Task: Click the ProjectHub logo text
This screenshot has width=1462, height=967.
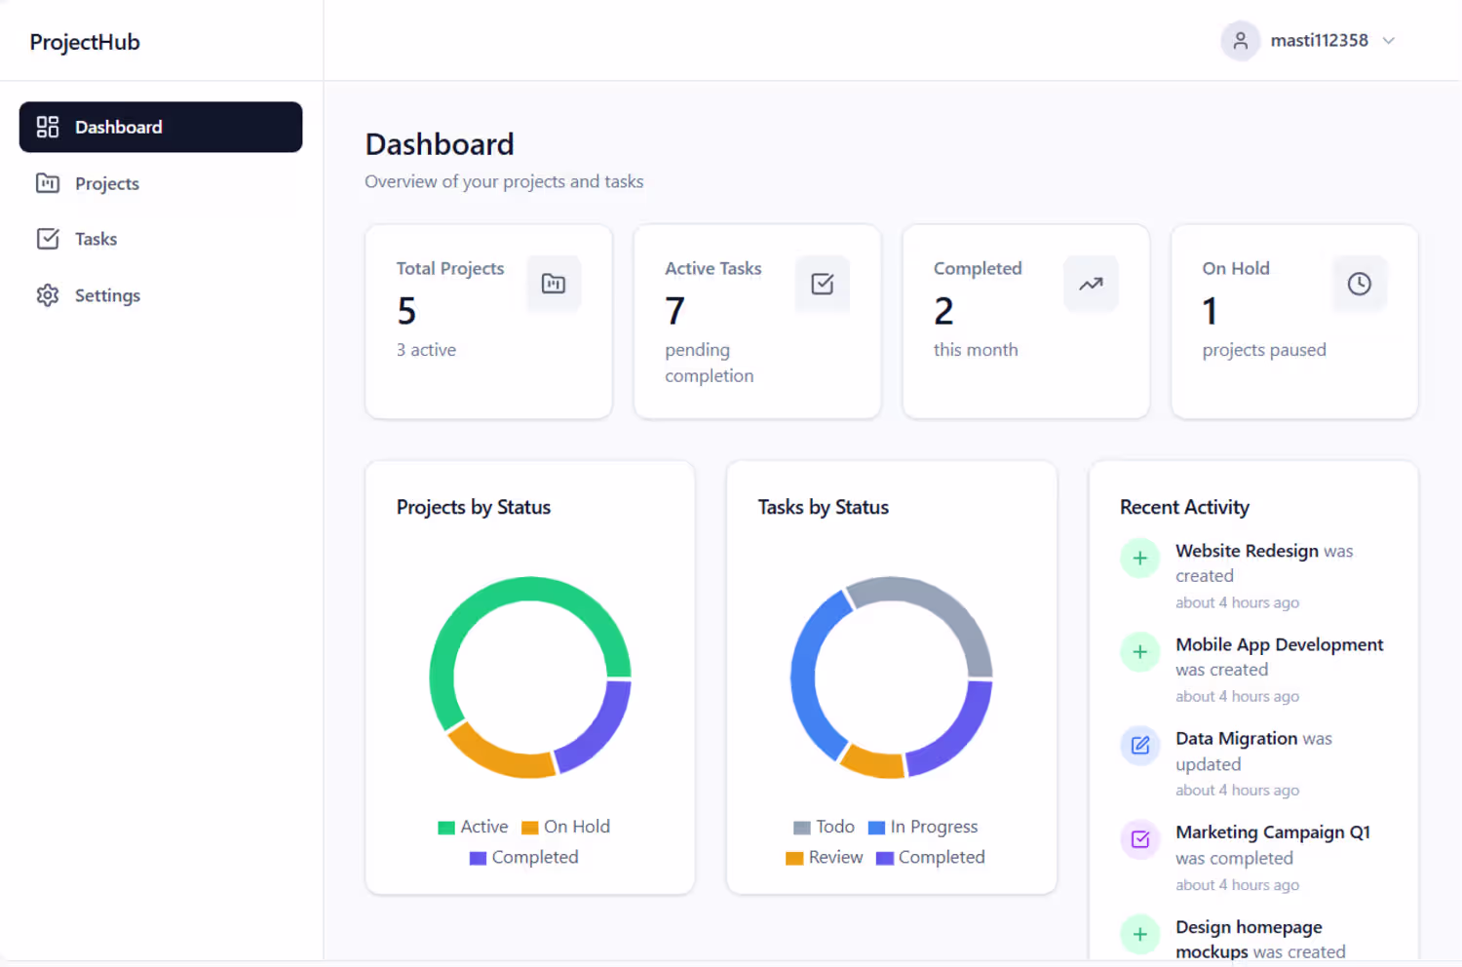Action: click(x=84, y=42)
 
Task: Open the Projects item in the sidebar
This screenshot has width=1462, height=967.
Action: click(x=88, y=183)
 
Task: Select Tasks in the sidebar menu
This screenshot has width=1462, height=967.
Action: click(x=77, y=239)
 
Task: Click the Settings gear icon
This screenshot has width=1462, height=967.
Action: click(x=48, y=295)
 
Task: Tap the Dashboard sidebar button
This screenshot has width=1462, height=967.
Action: click(x=161, y=127)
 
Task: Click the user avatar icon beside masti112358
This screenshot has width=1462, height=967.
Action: click(x=1240, y=41)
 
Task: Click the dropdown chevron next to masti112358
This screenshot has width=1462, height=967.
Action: click(x=1388, y=41)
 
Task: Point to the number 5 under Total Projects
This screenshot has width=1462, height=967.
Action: click(x=406, y=310)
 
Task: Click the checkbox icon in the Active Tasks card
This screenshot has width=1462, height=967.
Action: click(x=822, y=284)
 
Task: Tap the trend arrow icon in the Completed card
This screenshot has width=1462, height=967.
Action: click(x=1091, y=284)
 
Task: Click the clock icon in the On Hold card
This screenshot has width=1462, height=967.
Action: click(x=1359, y=284)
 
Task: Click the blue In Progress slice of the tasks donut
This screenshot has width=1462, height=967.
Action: click(x=806, y=679)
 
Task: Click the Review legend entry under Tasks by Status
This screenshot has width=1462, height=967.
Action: click(x=824, y=857)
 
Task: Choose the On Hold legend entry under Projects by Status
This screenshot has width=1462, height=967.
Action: click(x=566, y=827)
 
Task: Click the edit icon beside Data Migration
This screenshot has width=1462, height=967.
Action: click(x=1139, y=745)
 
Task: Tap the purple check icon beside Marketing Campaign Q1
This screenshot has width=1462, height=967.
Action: click(x=1139, y=839)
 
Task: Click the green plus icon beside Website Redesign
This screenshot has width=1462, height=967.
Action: click(x=1139, y=558)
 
